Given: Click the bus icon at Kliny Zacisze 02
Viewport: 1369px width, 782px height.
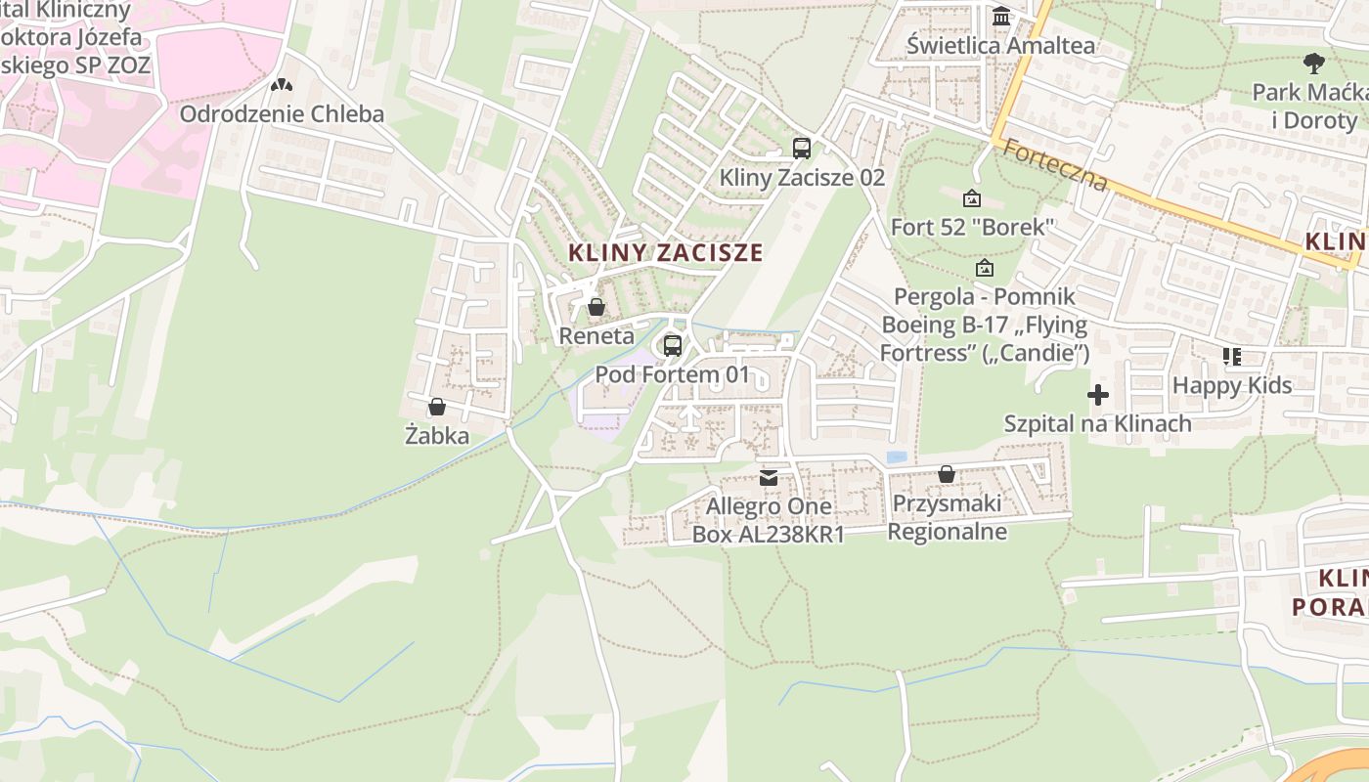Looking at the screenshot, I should tap(802, 149).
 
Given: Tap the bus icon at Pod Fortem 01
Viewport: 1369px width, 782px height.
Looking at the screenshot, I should tap(672, 345).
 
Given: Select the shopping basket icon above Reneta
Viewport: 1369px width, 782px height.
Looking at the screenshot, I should tap(596, 308).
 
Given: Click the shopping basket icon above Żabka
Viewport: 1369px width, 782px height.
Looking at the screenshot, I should tap(437, 407).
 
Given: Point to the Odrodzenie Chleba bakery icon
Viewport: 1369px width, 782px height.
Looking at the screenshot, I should tap(282, 86).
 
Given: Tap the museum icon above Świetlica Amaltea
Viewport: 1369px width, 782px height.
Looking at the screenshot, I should tap(1001, 17).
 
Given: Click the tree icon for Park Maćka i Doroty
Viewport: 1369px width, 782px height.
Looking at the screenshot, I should tap(1314, 64).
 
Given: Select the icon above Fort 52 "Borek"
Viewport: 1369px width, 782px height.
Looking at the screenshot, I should tap(972, 198).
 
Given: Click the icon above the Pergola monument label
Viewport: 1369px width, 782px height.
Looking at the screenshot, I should tap(984, 267).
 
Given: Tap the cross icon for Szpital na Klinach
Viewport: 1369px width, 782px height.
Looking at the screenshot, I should tap(1098, 395).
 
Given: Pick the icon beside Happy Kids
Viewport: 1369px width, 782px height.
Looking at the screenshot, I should tap(1232, 357).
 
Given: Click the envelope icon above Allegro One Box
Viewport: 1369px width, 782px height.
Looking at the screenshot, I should tap(769, 478).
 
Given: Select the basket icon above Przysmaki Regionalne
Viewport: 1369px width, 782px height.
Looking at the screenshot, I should tap(946, 474).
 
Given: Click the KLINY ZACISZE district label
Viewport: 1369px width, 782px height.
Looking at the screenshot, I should tap(665, 252).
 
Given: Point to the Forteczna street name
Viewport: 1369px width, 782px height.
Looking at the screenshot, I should tap(1055, 166).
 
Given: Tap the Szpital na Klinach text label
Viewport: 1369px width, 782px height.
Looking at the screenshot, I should tap(1097, 423).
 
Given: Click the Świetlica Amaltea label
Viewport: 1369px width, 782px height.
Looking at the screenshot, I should tap(1000, 45).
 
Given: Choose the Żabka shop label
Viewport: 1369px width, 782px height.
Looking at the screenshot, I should tap(437, 436).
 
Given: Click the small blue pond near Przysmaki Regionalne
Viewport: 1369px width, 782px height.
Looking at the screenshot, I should tap(896, 456).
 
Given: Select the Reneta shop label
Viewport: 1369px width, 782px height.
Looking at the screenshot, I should tap(596, 336).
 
